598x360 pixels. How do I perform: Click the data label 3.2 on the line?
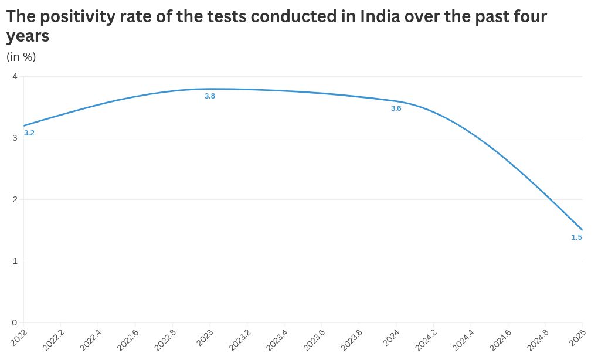29,133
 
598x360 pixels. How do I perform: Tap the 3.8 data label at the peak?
210,96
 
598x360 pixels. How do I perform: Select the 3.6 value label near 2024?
396,108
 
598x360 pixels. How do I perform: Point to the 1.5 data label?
576,237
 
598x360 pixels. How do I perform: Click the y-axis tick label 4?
15,76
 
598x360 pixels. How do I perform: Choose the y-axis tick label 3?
15,138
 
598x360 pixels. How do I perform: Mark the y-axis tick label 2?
15,199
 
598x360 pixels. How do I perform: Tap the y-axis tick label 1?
15,261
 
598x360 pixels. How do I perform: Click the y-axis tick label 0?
15,322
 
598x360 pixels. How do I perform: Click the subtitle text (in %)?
21,57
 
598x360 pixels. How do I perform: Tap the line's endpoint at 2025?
582,230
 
